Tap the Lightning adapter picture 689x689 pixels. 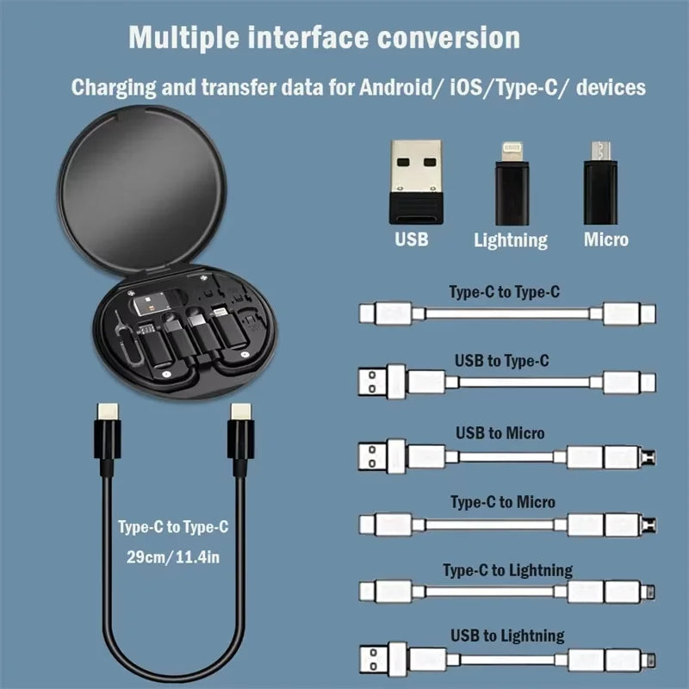point(510,180)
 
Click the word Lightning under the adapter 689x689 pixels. point(510,240)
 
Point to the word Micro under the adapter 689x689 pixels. point(606,239)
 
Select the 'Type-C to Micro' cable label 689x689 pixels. point(503,501)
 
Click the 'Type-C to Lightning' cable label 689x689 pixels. point(507,570)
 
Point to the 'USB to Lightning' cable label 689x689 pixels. point(507,636)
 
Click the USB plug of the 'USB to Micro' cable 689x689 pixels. point(376,454)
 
